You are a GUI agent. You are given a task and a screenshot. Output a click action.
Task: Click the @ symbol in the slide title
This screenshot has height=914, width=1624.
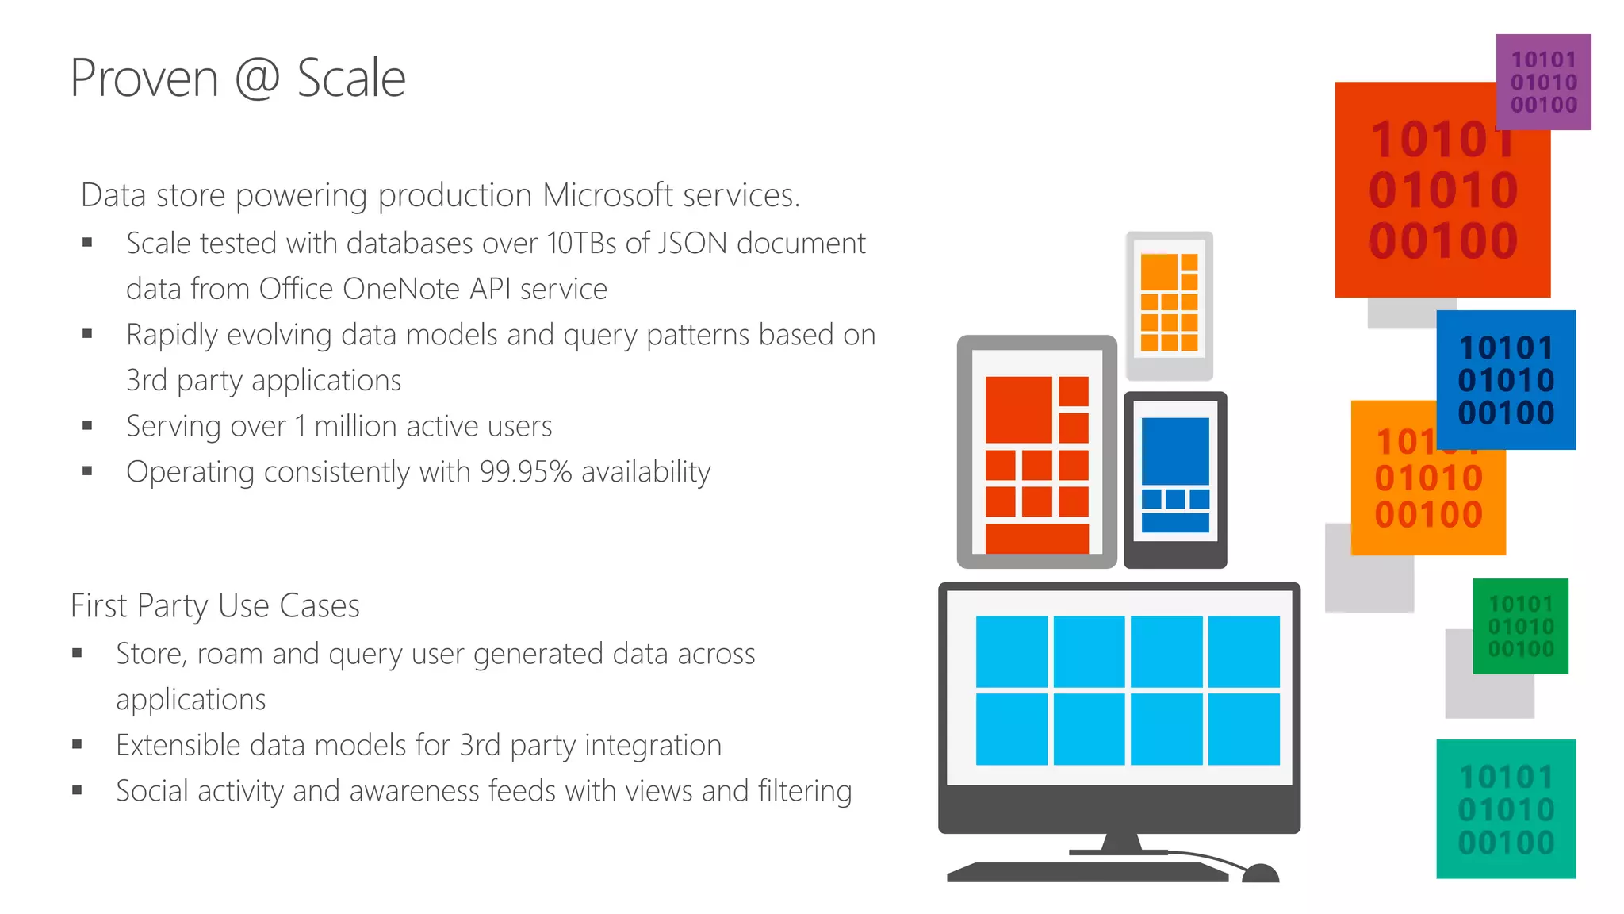(x=258, y=79)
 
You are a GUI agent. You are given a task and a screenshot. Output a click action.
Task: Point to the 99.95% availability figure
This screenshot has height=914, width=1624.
(x=526, y=472)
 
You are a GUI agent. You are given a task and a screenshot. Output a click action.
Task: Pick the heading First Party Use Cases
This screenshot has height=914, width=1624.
(x=215, y=606)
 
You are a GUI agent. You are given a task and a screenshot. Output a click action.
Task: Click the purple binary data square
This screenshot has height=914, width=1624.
(x=1543, y=82)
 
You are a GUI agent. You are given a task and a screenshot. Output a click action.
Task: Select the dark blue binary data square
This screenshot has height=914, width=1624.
(x=1506, y=380)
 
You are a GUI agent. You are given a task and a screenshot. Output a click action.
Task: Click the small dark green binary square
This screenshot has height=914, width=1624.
(x=1520, y=626)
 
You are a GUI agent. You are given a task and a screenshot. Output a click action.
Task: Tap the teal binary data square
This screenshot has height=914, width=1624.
(x=1506, y=808)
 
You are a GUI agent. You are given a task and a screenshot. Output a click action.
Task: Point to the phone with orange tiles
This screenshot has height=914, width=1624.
(x=1169, y=305)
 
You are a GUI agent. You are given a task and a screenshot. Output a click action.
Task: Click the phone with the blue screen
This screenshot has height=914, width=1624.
(x=1175, y=479)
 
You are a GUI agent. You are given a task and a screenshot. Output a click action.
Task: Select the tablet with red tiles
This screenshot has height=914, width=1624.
(x=1036, y=452)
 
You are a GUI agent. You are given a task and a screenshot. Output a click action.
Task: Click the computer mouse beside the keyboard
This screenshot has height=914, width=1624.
(x=1260, y=873)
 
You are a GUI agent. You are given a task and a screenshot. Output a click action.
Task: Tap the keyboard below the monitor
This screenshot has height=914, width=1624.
(x=1086, y=872)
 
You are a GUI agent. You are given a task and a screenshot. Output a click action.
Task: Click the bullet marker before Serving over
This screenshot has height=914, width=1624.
(x=87, y=426)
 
